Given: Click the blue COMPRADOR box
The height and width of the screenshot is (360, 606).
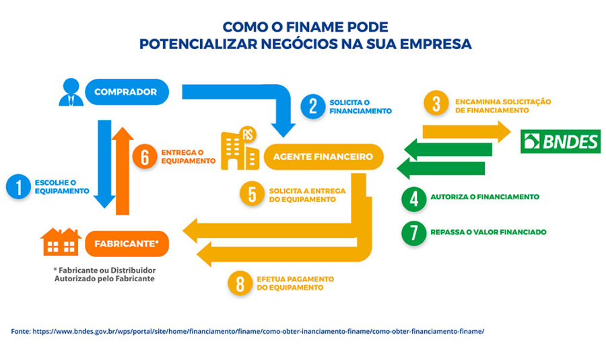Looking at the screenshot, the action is pos(127,92).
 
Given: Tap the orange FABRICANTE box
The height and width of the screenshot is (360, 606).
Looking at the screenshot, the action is pos(127,244).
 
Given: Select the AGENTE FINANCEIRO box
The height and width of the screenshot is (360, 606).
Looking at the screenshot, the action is pos(323,157).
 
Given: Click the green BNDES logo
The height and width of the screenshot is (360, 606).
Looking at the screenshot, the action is pos(560,141).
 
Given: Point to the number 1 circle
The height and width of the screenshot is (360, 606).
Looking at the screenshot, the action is pos(19,187).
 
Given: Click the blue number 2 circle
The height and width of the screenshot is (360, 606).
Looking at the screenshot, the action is pos(313,106).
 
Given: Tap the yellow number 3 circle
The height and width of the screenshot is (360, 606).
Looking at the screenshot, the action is pos(436,104).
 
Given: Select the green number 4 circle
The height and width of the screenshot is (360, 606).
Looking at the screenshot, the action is pos(414,199).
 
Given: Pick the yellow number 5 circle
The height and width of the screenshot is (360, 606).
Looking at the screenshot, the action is pos(252,194).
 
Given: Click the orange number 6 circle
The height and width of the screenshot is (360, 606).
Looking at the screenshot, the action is pos(145,157).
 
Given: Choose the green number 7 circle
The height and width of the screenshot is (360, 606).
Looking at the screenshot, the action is pos(414,233).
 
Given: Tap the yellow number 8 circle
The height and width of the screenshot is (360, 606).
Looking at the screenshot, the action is pos(240,283).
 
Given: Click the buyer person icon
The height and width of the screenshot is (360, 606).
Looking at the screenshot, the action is pos(71,92).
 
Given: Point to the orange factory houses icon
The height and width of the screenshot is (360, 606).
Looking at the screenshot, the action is pos(61,242).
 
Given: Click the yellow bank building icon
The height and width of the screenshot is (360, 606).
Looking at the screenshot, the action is pos(240,148).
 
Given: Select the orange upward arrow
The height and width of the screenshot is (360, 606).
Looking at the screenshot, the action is pos(123,171).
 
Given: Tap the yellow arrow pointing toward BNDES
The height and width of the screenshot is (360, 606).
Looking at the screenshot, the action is pos(467,132).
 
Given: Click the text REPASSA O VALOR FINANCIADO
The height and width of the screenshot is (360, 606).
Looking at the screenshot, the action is pos(489,232).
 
